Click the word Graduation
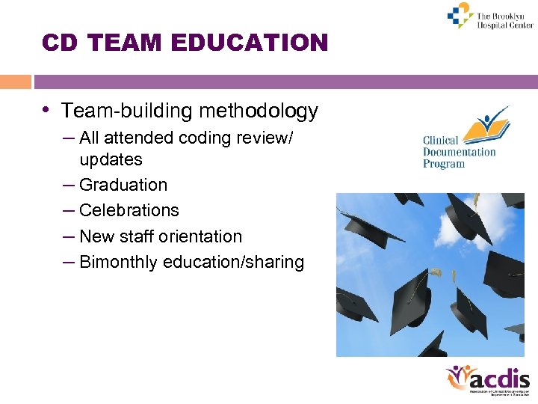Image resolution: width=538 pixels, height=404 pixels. pyautogui.click(x=123, y=185)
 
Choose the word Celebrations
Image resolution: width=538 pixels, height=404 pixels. pyautogui.click(x=129, y=210)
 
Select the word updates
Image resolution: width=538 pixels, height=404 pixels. pyautogui.click(x=111, y=159)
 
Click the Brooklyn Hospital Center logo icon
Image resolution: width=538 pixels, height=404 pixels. pyautogui.click(x=459, y=16)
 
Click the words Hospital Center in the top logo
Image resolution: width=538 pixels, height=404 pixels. pyautogui.click(x=506, y=25)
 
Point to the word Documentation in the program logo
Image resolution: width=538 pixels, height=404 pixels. pyautogui.click(x=460, y=152)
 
